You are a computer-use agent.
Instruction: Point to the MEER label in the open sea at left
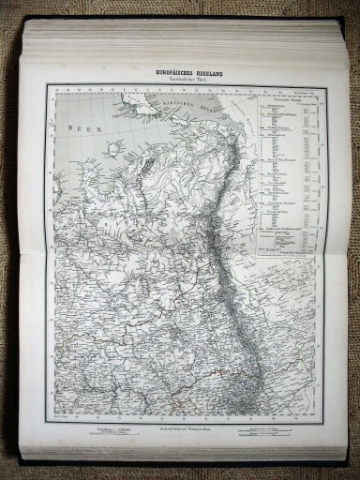pyautogui.click(x=74, y=127)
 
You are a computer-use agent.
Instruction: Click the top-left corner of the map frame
pyautogui.click(x=55, y=94)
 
